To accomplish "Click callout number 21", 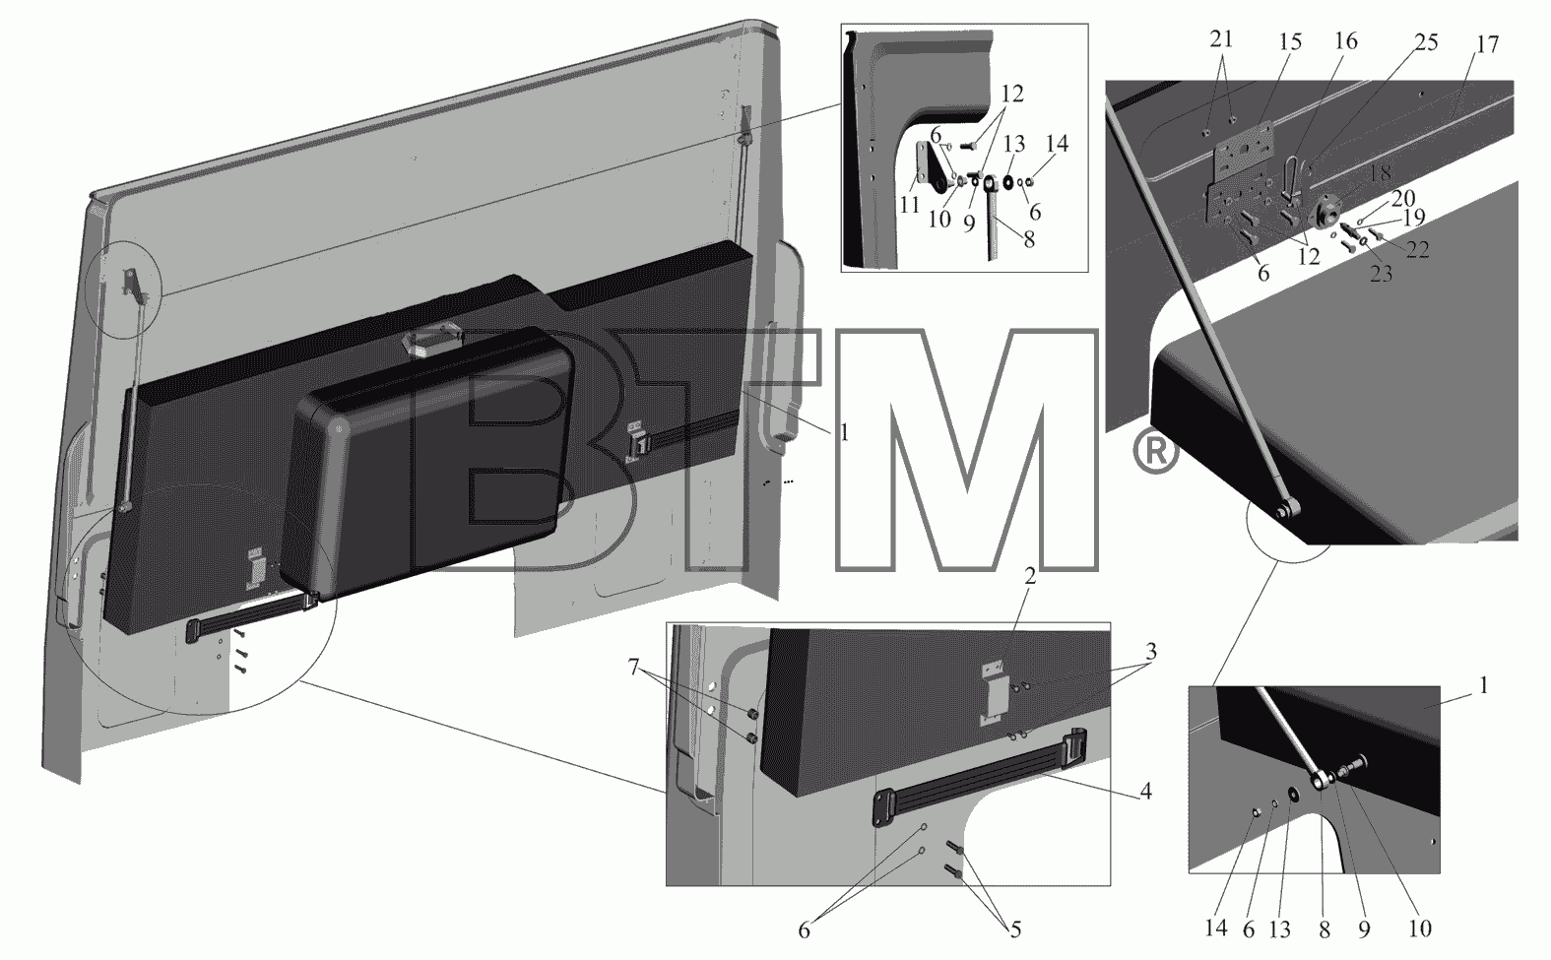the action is [x=1221, y=39].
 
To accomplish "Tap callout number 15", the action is [x=1290, y=41].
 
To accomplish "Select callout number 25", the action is [x=1426, y=41].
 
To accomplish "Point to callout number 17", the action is [x=1487, y=44].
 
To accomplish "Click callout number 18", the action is [x=1380, y=173].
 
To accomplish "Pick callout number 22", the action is [x=1418, y=250].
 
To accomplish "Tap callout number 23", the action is [x=1381, y=274].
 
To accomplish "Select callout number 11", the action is [x=909, y=205].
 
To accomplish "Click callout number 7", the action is [x=633, y=668].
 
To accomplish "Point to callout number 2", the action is [x=1030, y=576].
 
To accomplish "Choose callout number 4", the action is [x=1146, y=791].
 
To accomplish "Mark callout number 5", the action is [x=1015, y=929].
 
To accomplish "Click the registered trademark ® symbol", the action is [x=1155, y=453].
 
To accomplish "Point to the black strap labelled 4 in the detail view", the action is [x=980, y=777].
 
